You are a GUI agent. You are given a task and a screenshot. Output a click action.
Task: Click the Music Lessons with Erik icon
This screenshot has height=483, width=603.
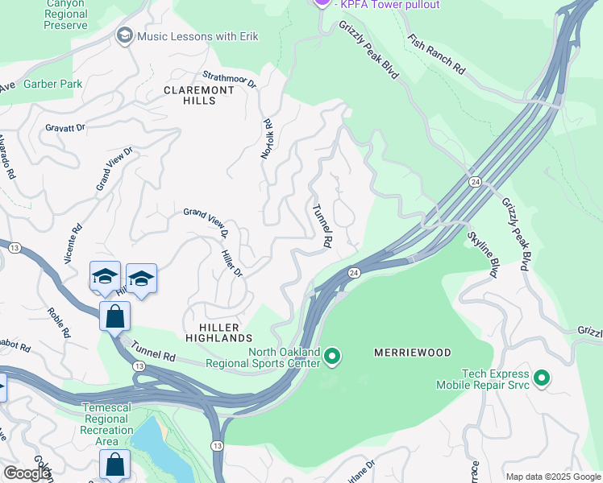(x=125, y=36)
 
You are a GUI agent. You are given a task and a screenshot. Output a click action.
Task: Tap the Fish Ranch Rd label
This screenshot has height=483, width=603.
(x=435, y=54)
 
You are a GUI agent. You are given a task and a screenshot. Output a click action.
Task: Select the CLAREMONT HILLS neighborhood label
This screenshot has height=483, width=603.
(x=199, y=96)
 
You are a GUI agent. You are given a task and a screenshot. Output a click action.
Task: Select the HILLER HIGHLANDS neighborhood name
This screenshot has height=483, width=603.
(x=220, y=333)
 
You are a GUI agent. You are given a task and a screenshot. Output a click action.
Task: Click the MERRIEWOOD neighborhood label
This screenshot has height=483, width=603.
(x=412, y=353)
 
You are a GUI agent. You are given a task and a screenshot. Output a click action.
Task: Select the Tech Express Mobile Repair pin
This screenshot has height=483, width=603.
(x=542, y=378)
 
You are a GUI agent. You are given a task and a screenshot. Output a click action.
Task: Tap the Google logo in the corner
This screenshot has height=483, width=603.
(x=26, y=473)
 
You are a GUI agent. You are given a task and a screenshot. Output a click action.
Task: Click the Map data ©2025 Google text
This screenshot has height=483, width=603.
(x=552, y=477)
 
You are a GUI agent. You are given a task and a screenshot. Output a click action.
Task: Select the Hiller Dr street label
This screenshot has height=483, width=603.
(x=231, y=262)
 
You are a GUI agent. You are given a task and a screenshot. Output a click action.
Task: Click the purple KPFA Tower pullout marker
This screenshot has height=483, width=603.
(x=322, y=2)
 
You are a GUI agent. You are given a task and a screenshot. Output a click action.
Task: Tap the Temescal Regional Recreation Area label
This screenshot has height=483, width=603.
(x=107, y=424)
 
